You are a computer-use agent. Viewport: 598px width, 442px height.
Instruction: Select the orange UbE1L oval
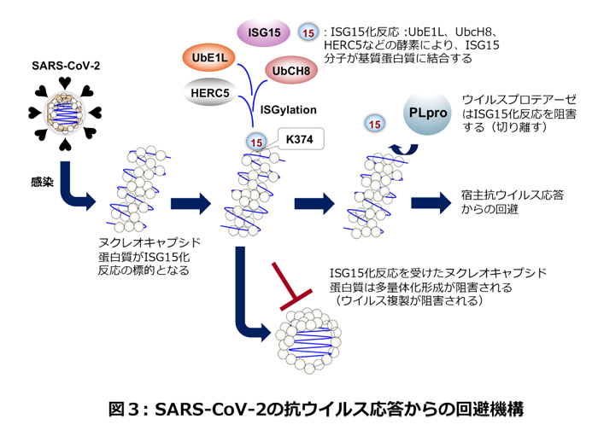point(208,59)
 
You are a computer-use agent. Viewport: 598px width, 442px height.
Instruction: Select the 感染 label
point(41,181)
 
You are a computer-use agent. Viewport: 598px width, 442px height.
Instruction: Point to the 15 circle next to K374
point(255,141)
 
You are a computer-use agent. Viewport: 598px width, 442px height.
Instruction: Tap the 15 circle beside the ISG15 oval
point(308,33)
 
